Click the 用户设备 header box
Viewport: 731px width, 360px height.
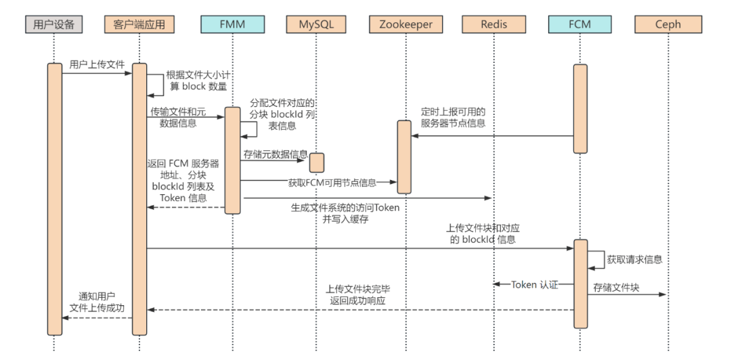(x=53, y=24)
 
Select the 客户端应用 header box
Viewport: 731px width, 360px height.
(x=139, y=24)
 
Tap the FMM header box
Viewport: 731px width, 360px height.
(x=232, y=24)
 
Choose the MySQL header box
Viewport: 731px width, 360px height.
(x=317, y=24)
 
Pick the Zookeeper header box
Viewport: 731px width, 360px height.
(x=405, y=24)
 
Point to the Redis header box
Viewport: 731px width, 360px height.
(x=493, y=24)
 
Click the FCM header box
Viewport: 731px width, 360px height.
(x=580, y=24)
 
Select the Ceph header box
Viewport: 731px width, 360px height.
(x=668, y=24)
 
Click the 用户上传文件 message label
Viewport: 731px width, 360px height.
(x=97, y=64)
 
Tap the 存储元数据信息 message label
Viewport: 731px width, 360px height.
(x=275, y=154)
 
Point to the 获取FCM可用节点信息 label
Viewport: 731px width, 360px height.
(x=332, y=183)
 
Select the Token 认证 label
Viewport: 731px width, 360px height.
(x=534, y=284)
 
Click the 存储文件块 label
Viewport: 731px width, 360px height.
(x=616, y=288)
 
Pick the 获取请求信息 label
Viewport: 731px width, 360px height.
(x=634, y=260)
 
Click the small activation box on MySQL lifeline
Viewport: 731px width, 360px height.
(x=317, y=163)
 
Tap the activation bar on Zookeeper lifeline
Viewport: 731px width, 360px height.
(x=404, y=157)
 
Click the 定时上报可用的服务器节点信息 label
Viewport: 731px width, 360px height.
(x=453, y=118)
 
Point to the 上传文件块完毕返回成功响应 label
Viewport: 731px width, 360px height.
(x=358, y=295)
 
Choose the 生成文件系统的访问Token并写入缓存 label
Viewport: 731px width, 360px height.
(x=345, y=214)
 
